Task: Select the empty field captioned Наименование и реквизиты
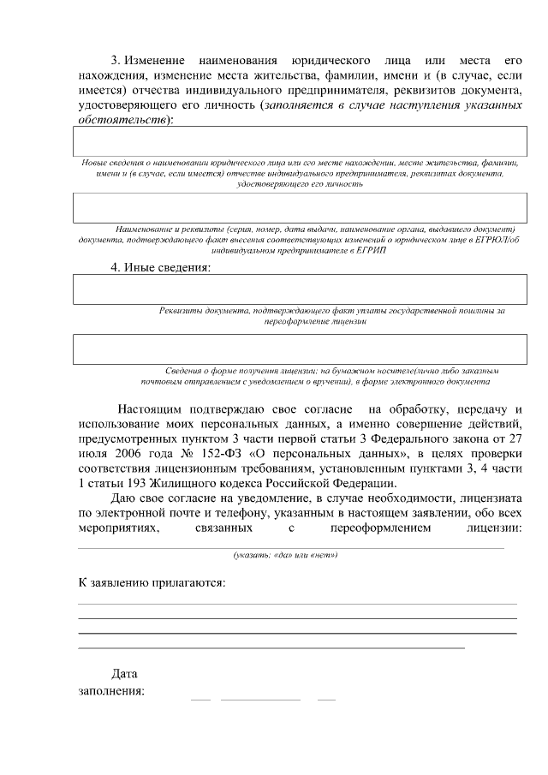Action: coord(299,208)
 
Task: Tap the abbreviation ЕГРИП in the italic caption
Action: coord(360,252)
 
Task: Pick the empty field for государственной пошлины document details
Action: coord(299,289)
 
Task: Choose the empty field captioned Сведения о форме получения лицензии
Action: coord(299,349)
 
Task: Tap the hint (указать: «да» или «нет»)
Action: coord(285,555)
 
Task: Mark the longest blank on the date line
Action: coord(260,700)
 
